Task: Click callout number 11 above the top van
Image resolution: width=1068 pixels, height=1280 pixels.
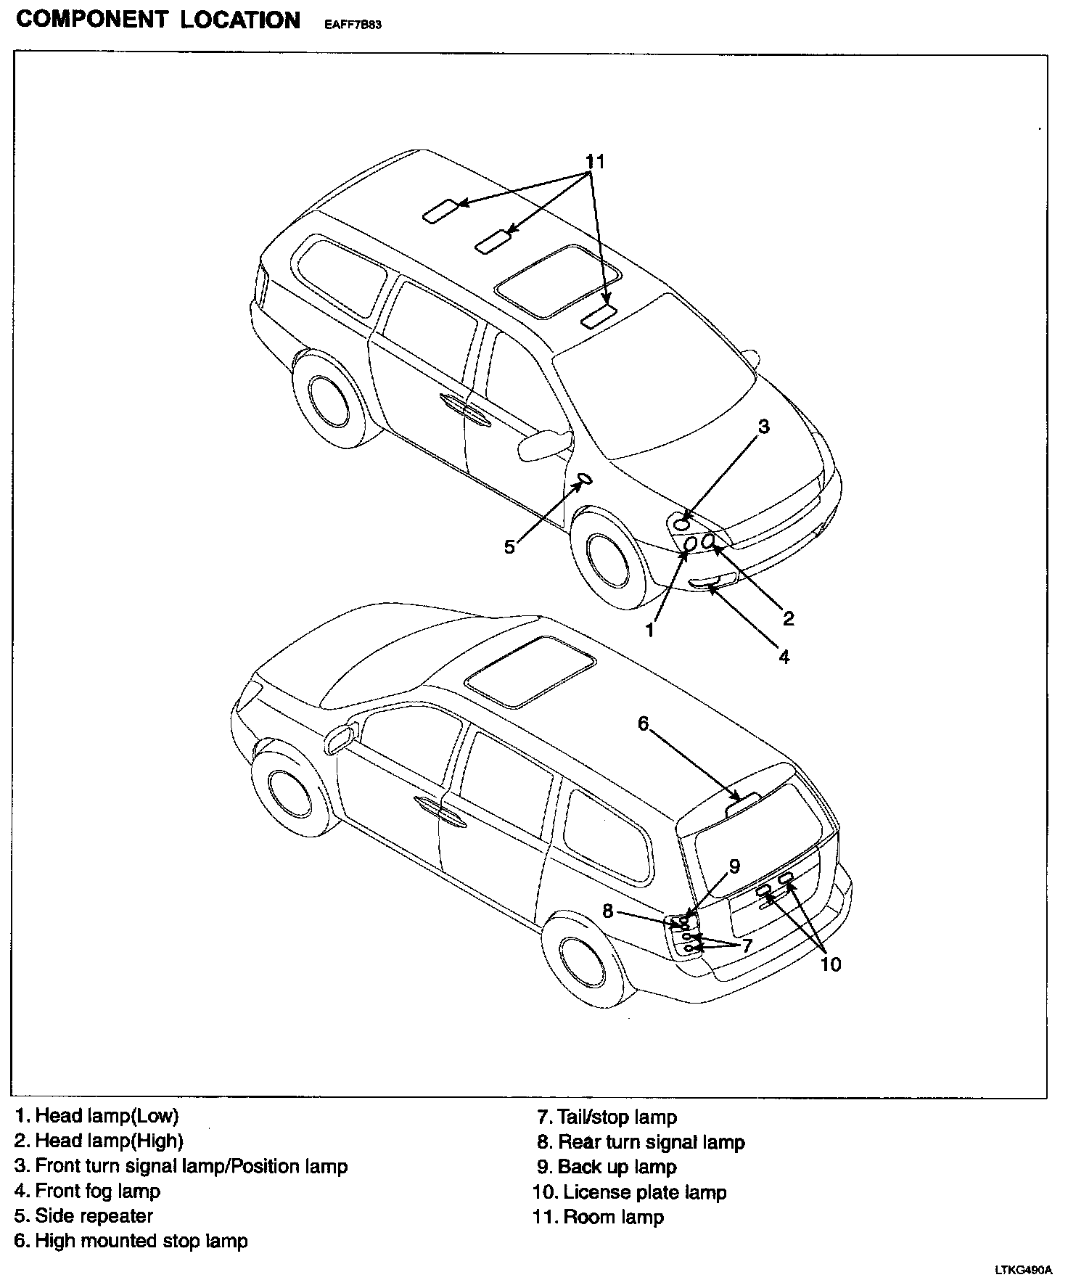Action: point(595,161)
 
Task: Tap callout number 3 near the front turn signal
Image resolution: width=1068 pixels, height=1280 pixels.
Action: point(763,427)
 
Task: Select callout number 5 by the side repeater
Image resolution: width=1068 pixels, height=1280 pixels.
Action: point(509,546)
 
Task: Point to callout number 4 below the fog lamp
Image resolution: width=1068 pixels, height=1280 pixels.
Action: point(784,657)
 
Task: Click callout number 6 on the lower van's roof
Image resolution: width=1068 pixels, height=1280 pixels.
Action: point(643,723)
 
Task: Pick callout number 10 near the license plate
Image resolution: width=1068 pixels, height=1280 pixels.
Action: point(830,964)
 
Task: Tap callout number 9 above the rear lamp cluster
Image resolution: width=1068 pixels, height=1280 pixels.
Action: point(734,866)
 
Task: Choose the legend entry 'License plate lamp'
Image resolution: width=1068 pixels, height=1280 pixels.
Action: point(630,1192)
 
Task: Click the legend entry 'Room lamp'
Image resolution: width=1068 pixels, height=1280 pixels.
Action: point(599,1217)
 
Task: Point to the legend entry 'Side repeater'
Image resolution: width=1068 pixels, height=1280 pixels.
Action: point(83,1215)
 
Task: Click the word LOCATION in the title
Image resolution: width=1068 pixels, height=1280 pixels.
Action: point(240,20)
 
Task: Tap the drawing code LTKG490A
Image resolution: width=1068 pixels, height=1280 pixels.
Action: point(1023,1271)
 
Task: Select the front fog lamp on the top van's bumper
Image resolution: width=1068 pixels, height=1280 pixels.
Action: point(712,580)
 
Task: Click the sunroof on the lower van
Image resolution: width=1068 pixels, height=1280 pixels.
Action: point(530,671)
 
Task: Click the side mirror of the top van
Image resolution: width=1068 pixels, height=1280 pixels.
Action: point(543,444)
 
